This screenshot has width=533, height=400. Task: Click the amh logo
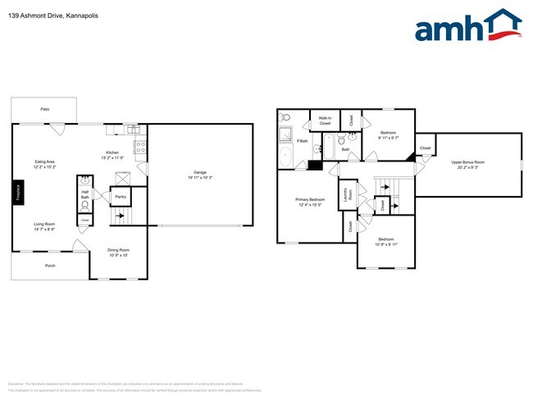tap(468, 27)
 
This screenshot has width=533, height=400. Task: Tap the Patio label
tap(43, 109)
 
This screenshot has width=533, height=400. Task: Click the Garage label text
tap(199, 172)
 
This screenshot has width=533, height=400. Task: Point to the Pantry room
tap(120, 197)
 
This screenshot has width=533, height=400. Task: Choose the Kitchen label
tap(113, 152)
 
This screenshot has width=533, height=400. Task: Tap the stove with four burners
tap(140, 148)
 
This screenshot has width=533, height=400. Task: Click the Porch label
tap(50, 266)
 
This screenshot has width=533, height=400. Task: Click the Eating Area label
tap(45, 162)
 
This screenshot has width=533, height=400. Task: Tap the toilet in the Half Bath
tap(84, 205)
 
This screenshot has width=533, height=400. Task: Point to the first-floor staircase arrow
tap(121, 218)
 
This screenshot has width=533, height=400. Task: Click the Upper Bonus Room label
tap(467, 162)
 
